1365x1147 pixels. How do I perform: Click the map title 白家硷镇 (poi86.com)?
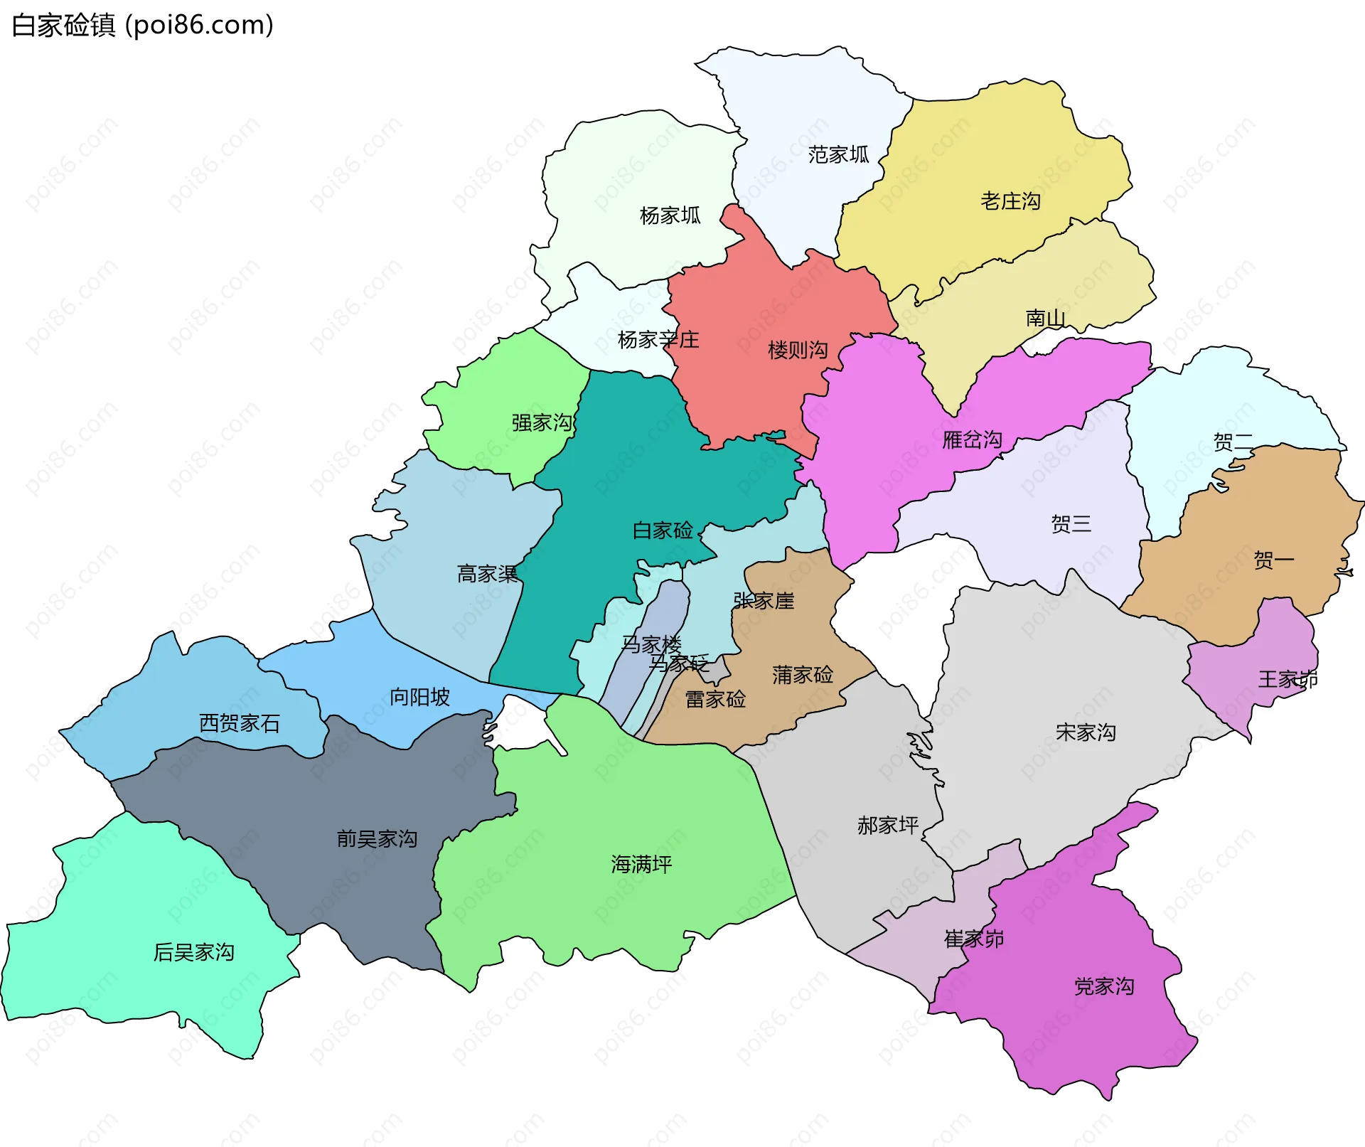142,26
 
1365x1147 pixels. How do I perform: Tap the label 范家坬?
838,154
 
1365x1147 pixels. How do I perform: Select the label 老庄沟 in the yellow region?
1010,201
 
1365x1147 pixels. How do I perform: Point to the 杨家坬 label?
670,215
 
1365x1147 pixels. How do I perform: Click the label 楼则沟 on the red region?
798,350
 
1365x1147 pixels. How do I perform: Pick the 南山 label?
1045,318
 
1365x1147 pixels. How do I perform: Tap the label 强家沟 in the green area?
542,422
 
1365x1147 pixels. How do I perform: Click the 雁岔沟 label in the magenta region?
972,439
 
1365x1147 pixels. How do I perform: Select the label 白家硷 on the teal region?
662,530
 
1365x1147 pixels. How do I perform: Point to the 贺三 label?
1071,524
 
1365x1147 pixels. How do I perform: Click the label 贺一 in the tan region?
1273,560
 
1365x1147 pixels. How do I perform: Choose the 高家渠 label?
487,573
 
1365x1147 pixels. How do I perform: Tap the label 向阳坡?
419,697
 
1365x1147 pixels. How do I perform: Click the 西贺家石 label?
239,723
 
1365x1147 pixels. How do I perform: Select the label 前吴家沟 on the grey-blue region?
377,839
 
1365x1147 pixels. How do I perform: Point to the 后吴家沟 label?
193,952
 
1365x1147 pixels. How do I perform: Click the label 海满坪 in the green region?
641,864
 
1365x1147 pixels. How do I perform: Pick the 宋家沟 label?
1086,732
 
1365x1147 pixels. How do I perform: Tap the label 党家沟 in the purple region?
1103,986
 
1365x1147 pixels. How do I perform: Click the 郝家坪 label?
887,826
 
